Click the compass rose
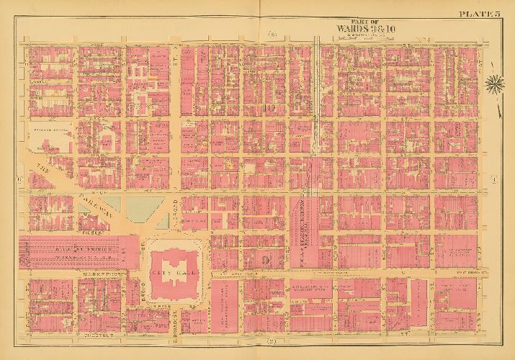click(x=494, y=84)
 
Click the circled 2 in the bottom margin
click(x=272, y=340)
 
